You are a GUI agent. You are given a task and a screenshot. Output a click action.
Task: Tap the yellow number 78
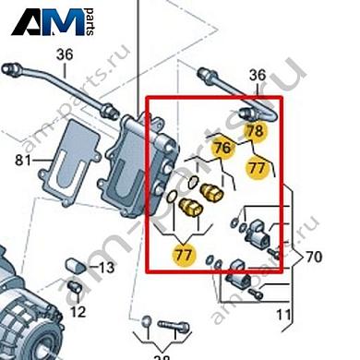(256, 132)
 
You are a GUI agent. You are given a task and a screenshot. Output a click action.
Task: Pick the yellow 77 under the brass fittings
(185, 251)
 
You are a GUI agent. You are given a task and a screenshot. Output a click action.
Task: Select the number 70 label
(314, 257)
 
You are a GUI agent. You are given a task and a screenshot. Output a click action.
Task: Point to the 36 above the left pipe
(63, 54)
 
